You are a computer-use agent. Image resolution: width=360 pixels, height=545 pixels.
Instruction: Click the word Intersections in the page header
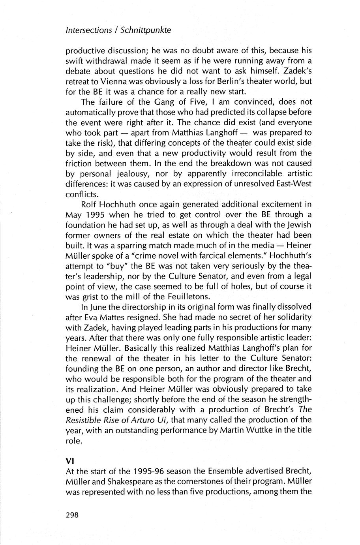(88, 30)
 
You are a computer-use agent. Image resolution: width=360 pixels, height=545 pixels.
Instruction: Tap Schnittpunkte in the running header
(146, 30)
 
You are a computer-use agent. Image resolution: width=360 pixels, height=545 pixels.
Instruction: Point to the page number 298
(72, 515)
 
